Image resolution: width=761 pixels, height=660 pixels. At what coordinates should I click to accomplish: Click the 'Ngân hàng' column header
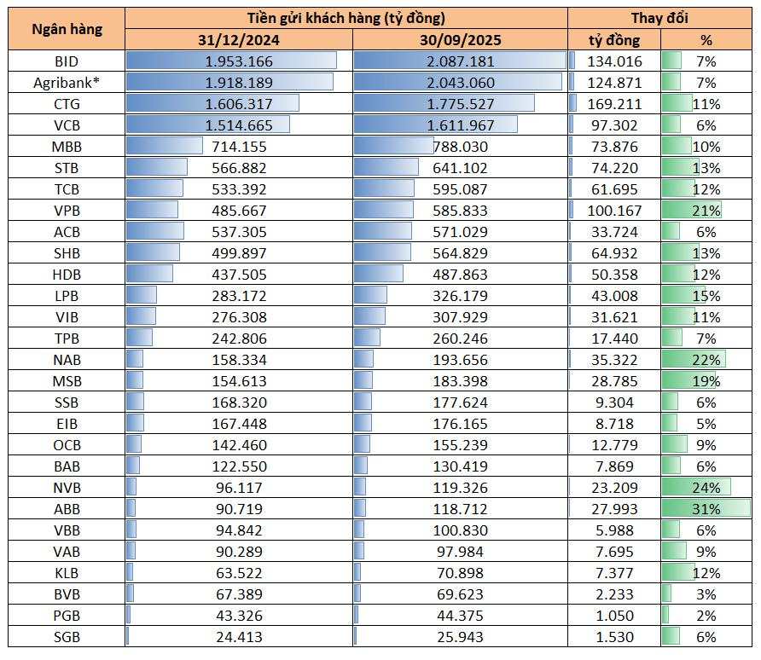click(x=67, y=28)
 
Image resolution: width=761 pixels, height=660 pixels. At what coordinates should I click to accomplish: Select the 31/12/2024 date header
click(x=239, y=39)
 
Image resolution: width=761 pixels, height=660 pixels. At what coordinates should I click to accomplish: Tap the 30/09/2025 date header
click(x=460, y=39)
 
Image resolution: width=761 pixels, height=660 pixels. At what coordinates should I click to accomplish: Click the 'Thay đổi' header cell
click(x=659, y=18)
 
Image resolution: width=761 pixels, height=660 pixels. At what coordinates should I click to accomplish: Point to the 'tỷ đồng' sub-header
click(x=614, y=39)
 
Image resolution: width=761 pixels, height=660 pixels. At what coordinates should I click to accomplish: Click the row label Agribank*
click(x=67, y=83)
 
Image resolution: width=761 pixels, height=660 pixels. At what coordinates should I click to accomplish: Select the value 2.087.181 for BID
click(x=460, y=61)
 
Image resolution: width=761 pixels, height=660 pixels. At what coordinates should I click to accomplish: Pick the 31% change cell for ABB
click(x=706, y=509)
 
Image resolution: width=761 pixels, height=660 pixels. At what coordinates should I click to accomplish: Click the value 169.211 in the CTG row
click(x=614, y=104)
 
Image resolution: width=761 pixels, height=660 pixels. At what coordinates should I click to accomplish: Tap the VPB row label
click(x=67, y=211)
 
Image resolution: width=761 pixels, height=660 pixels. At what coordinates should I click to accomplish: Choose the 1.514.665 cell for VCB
click(x=239, y=125)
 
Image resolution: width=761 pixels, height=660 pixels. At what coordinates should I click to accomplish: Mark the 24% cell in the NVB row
click(x=706, y=488)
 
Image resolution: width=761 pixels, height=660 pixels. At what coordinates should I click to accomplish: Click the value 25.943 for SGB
click(x=460, y=637)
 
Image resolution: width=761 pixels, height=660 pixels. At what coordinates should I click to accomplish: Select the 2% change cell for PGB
click(x=706, y=616)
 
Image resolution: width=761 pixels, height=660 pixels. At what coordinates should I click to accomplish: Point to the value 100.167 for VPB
click(x=614, y=211)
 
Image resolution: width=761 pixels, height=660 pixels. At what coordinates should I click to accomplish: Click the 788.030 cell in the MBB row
click(x=460, y=147)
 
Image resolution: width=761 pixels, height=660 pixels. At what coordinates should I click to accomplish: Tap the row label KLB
click(x=67, y=573)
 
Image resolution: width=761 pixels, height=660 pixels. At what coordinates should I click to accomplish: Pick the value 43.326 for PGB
click(x=239, y=616)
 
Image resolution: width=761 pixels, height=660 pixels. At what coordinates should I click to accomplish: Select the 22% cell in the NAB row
click(x=706, y=360)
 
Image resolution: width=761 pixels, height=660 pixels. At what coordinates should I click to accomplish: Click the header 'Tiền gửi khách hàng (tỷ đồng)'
click(x=346, y=18)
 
